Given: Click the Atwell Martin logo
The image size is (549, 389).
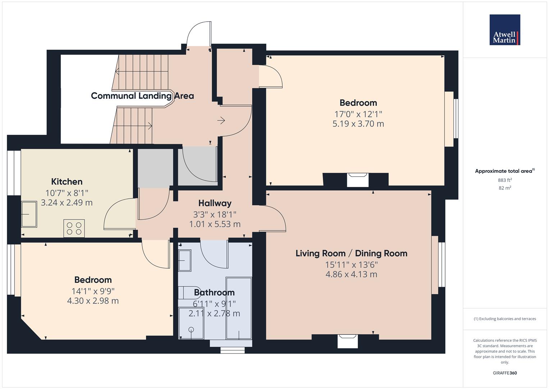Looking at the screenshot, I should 505,30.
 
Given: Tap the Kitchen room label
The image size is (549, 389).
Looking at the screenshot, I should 67,182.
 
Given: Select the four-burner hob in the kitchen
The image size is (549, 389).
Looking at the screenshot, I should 74,228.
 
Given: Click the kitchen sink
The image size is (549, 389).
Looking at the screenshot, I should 29,214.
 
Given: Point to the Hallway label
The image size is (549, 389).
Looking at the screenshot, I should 215,203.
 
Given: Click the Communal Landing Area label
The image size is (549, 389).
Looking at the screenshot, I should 142,96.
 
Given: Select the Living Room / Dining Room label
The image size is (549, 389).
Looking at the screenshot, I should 351,253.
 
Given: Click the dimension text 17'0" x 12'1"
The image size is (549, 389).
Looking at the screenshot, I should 358,114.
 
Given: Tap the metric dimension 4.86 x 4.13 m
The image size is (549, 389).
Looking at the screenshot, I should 351,274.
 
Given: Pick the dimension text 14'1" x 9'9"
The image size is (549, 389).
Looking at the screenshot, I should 93,291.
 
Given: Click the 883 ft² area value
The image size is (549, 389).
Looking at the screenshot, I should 505,180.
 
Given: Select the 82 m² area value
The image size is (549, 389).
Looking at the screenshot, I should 505,188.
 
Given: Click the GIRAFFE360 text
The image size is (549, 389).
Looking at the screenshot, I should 505,373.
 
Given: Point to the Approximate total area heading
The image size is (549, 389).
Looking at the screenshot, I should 504,171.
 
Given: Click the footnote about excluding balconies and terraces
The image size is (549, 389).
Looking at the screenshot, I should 505,319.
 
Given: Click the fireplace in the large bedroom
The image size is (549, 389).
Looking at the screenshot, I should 358,179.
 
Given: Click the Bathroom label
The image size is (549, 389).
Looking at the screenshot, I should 214,292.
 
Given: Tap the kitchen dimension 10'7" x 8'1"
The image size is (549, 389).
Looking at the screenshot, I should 67,193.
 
